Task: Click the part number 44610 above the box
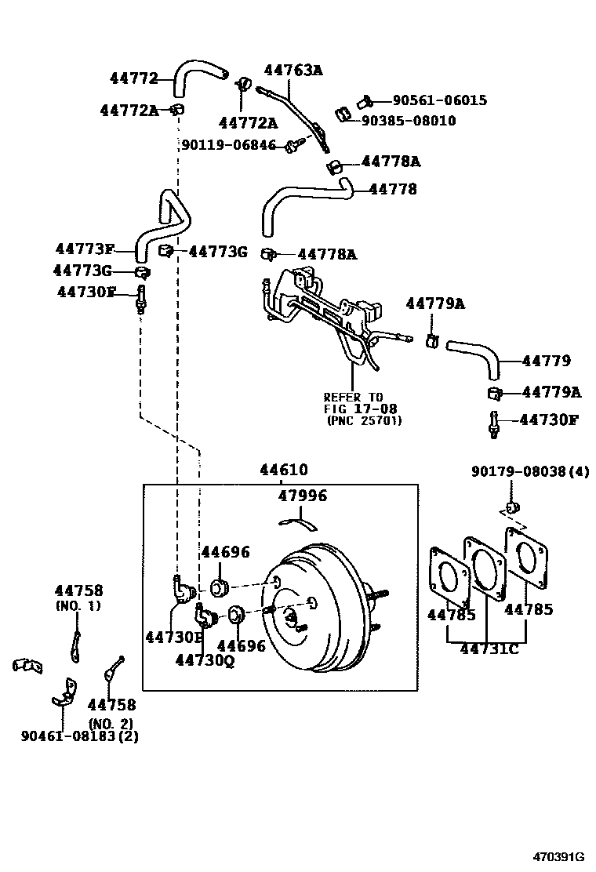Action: pyautogui.click(x=284, y=470)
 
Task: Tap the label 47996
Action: pyautogui.click(x=303, y=496)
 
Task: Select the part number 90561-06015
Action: pyautogui.click(x=440, y=100)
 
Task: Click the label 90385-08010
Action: pyautogui.click(x=409, y=121)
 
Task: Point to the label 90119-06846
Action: pyautogui.click(x=228, y=145)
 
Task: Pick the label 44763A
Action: pyautogui.click(x=293, y=70)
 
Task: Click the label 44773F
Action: pyautogui.click(x=85, y=248)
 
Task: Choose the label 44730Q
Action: pyautogui.click(x=205, y=660)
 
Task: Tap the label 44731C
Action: pyautogui.click(x=489, y=649)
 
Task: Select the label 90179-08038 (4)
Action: pyautogui.click(x=530, y=471)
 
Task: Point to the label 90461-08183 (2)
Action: pyautogui.click(x=79, y=736)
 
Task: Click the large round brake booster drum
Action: pyautogui.click(x=311, y=609)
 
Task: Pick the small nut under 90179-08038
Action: pyautogui.click(x=512, y=507)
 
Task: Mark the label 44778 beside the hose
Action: pyautogui.click(x=393, y=189)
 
